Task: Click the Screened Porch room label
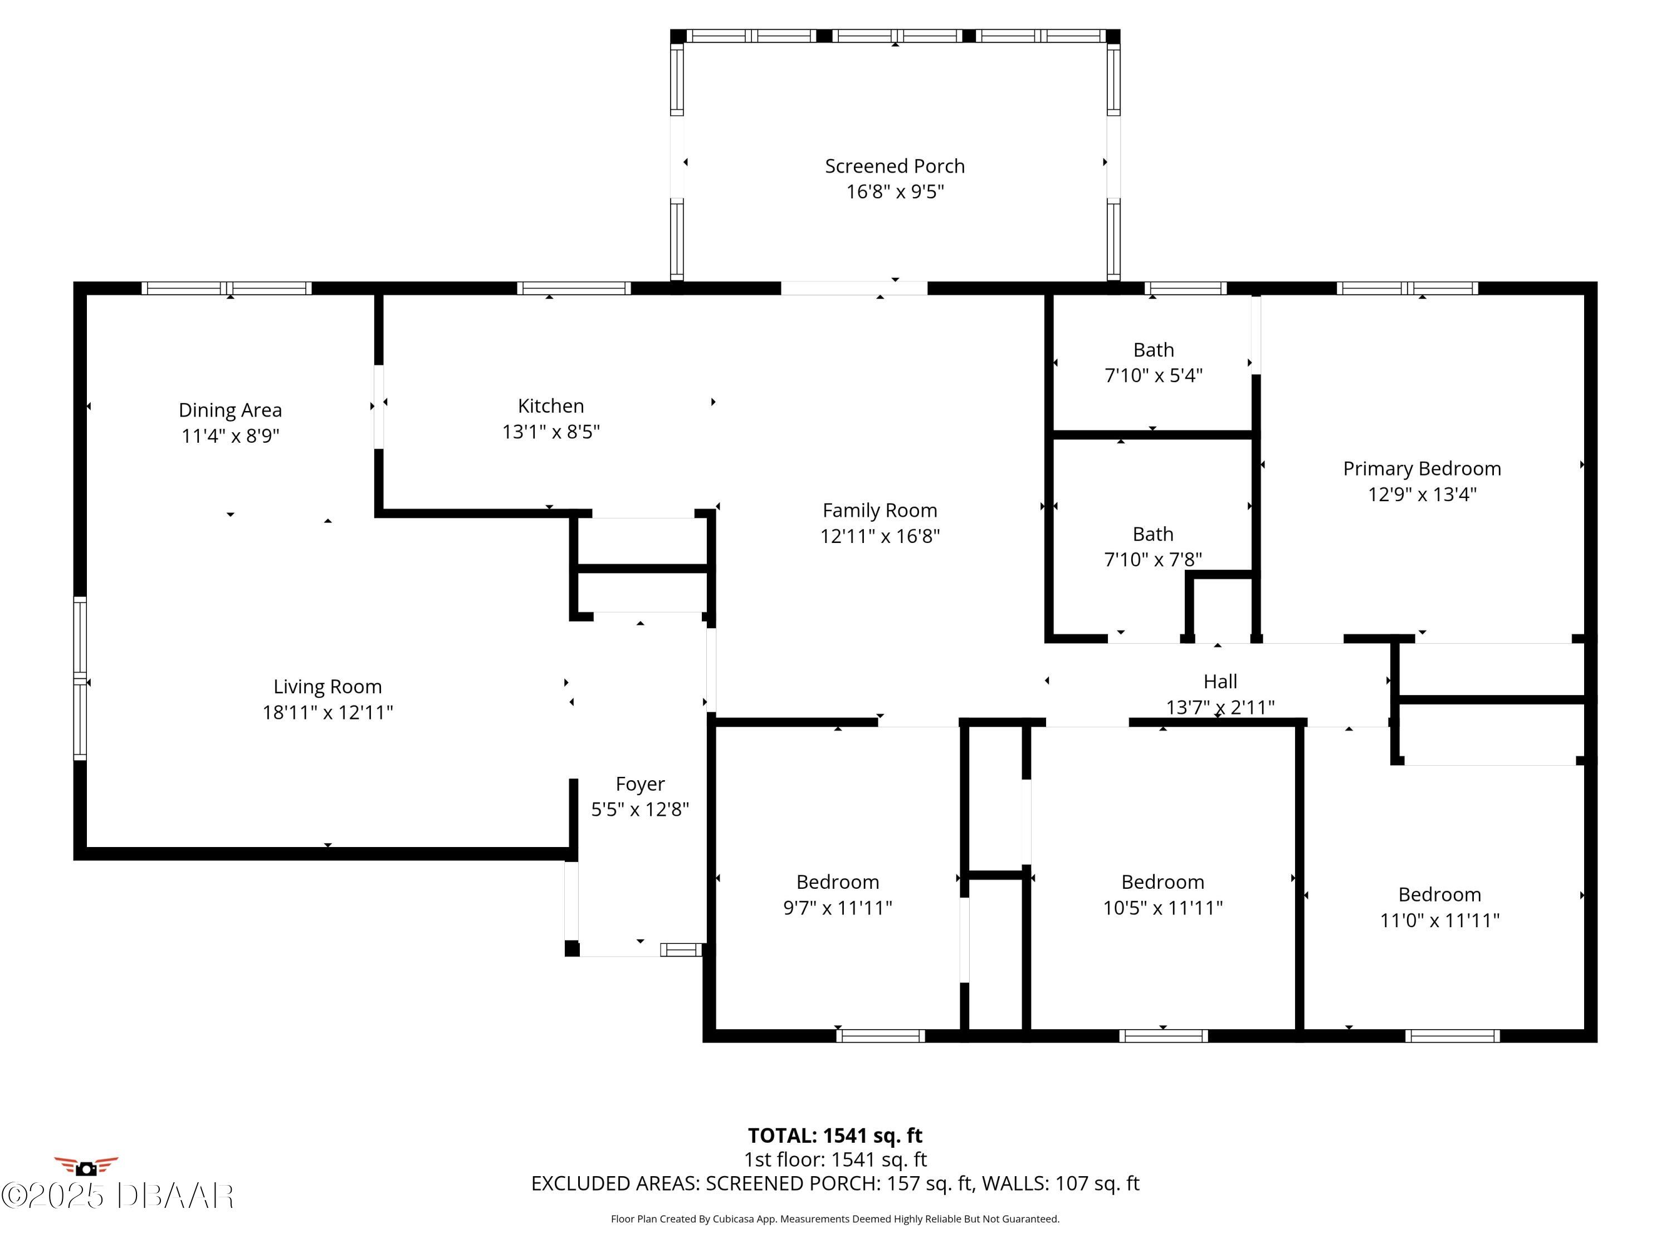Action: pyautogui.click(x=895, y=166)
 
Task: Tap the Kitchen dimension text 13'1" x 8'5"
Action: pyautogui.click(x=551, y=431)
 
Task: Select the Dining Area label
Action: pyautogui.click(x=231, y=410)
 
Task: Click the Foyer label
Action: pyautogui.click(x=640, y=784)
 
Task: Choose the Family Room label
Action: pyautogui.click(x=880, y=511)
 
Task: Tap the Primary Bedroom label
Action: pyautogui.click(x=1421, y=469)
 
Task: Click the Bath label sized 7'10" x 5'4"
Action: pyautogui.click(x=1154, y=350)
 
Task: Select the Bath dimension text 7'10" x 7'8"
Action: pyautogui.click(x=1153, y=560)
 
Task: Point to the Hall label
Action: pyautogui.click(x=1220, y=681)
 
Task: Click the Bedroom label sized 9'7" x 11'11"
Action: pyautogui.click(x=838, y=882)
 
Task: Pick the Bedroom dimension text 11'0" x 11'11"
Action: pyautogui.click(x=1440, y=920)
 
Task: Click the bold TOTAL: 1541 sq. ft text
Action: pyautogui.click(x=835, y=1135)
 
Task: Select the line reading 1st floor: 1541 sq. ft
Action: pyautogui.click(x=835, y=1159)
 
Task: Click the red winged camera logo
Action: pyautogui.click(x=86, y=1167)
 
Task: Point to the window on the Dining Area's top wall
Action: pyautogui.click(x=227, y=288)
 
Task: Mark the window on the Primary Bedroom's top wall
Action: pyautogui.click(x=1408, y=288)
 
